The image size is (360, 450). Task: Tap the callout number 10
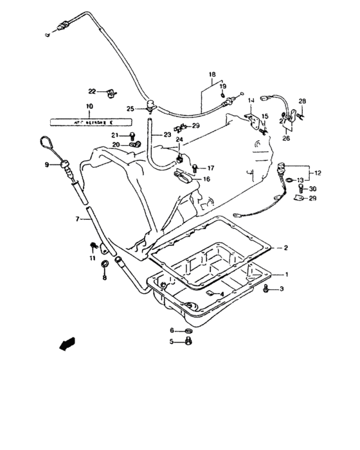(x=89, y=106)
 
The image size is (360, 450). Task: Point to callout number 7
(x=77, y=219)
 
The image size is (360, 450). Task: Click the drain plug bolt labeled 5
(x=186, y=342)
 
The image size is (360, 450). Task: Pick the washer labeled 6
(x=187, y=330)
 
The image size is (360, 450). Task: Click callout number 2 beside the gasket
(x=287, y=248)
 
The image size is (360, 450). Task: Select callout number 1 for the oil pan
(x=287, y=274)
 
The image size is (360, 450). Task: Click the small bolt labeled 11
(x=94, y=245)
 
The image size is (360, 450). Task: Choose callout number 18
(x=211, y=75)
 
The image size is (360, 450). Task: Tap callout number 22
(x=92, y=91)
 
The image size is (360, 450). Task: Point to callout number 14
(x=251, y=100)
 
